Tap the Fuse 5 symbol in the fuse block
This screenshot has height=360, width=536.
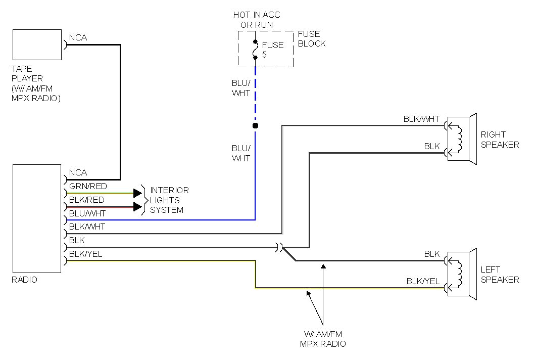click(256, 49)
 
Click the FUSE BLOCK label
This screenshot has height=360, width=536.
click(311, 38)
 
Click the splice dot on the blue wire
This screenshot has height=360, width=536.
click(255, 125)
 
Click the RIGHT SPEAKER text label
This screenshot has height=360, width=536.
click(499, 140)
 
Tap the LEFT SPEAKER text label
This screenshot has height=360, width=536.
click(499, 275)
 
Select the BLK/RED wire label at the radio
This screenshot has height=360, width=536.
click(86, 200)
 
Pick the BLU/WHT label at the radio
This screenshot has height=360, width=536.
click(87, 213)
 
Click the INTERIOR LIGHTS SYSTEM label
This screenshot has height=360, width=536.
click(169, 200)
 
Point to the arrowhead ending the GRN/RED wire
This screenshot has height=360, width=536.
click(137, 193)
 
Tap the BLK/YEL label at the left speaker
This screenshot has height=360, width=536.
click(423, 281)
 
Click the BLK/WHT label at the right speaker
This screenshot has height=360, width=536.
click(421, 119)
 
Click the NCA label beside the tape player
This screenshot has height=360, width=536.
click(78, 37)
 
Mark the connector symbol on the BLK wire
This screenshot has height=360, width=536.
click(279, 247)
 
